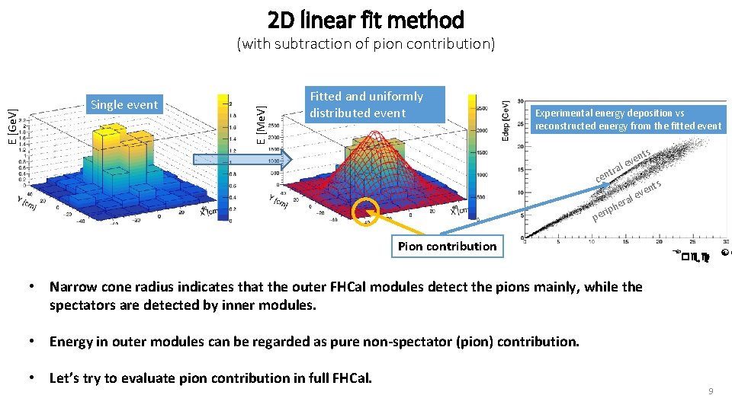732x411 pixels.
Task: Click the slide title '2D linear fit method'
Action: pos(366,19)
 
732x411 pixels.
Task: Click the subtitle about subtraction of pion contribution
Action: pos(366,44)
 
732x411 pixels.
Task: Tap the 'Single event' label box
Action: pos(124,105)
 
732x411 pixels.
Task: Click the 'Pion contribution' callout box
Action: pos(447,246)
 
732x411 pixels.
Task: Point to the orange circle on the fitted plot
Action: pos(367,211)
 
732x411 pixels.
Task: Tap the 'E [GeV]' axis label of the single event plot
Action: pos(12,126)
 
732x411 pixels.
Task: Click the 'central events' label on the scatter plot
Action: pos(622,167)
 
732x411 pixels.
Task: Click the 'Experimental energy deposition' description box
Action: pos(628,119)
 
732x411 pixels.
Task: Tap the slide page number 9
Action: pos(711,391)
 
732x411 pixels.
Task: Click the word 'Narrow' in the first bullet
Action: pos(74,287)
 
